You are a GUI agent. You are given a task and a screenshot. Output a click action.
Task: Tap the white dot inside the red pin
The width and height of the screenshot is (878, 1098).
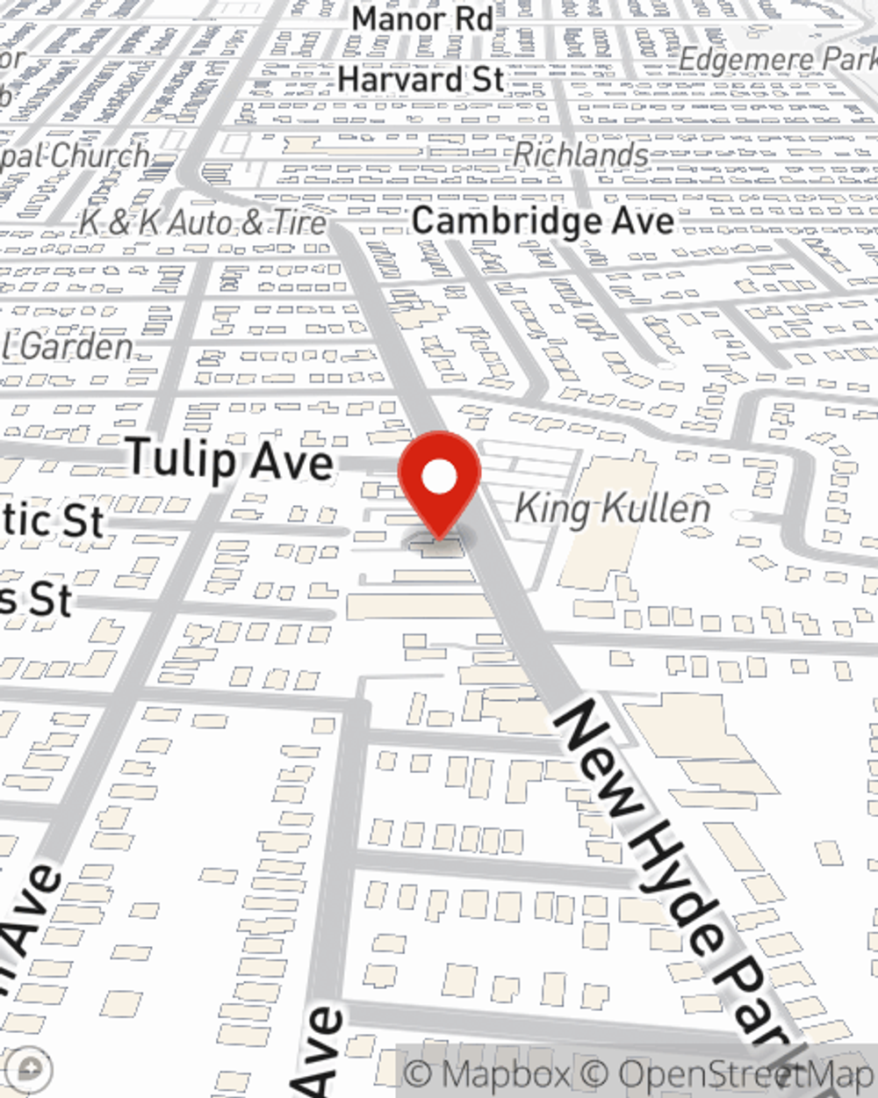coord(440,478)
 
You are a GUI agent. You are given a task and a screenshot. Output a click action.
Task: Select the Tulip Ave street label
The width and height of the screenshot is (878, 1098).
coord(231,459)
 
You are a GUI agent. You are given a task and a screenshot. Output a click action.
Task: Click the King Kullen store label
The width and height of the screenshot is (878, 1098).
coord(612,509)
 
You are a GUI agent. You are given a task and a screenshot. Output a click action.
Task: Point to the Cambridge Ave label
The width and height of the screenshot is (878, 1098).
coord(543,220)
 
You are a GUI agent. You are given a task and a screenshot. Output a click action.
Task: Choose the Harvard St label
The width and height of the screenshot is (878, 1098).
coord(421,79)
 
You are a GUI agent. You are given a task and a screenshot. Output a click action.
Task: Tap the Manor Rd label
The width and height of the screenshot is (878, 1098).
coord(422,18)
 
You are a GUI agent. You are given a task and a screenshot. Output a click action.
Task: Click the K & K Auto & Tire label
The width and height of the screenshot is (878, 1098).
coord(203,222)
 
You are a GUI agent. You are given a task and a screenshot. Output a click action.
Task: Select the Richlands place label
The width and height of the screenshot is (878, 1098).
coord(580,155)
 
